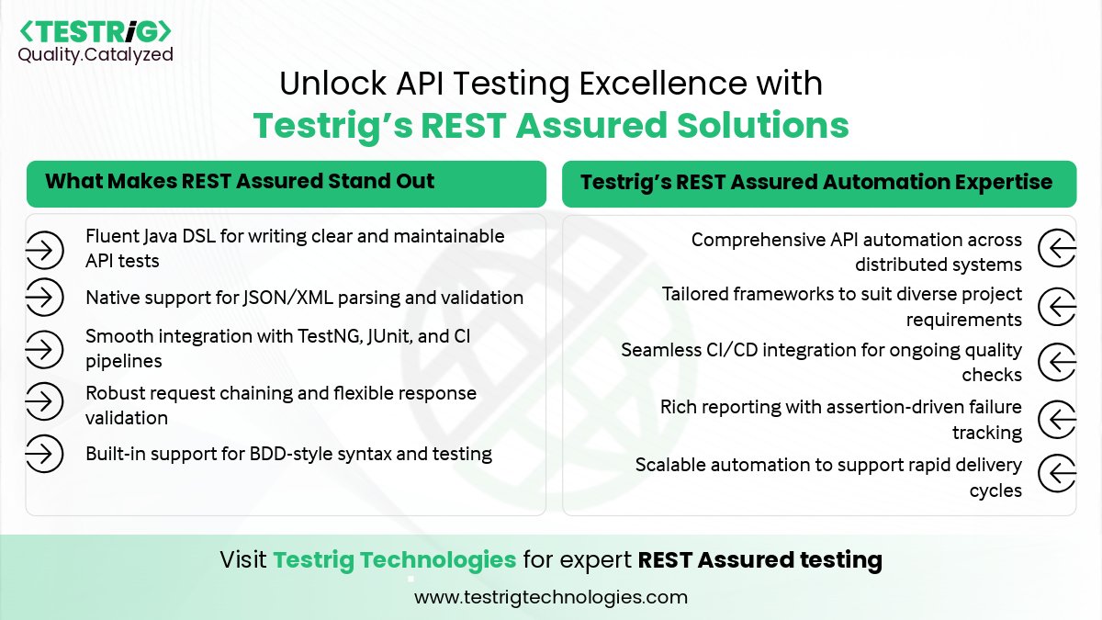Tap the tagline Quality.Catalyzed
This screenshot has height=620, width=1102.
[96, 55]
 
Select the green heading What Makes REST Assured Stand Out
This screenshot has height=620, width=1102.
[239, 181]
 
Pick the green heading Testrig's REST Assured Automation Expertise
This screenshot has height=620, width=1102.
[815, 182]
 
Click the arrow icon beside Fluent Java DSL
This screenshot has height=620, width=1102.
[43, 249]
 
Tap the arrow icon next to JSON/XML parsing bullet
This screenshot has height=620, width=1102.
[43, 298]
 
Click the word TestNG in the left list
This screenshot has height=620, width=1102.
[363, 337]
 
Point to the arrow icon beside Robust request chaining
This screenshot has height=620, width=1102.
[43, 400]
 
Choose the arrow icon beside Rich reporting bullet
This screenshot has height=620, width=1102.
[1056, 420]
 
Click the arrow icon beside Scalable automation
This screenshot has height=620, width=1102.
[1056, 475]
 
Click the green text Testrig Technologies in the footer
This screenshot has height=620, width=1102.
[395, 559]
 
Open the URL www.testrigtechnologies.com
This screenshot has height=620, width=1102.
[551, 597]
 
